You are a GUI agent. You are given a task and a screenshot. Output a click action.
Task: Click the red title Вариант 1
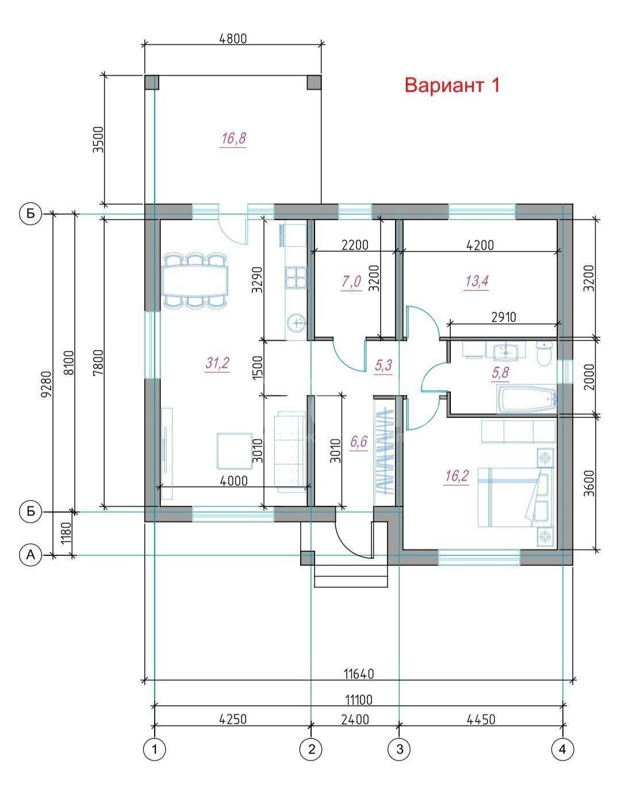click(452, 85)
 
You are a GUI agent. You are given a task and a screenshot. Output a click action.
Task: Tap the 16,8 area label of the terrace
click(233, 139)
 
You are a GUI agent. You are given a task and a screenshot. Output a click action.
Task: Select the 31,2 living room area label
click(217, 363)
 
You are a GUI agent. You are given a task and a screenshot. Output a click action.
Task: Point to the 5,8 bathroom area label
click(500, 373)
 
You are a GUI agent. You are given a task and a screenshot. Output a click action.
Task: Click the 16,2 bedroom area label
click(457, 475)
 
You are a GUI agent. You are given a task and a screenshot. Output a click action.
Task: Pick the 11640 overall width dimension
click(359, 674)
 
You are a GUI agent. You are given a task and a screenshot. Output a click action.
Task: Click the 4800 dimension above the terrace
click(232, 39)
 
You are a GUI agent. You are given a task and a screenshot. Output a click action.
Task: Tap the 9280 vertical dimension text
click(47, 384)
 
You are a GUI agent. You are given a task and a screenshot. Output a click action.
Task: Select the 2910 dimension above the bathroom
click(504, 317)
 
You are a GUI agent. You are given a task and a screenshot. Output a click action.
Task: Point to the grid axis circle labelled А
click(30, 555)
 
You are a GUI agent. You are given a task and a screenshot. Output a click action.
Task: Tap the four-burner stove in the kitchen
click(296, 278)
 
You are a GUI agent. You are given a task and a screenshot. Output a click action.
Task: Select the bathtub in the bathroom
click(527, 398)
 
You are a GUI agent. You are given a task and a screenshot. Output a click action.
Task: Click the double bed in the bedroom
click(511, 497)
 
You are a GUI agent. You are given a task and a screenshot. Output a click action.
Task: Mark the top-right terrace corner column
click(314, 82)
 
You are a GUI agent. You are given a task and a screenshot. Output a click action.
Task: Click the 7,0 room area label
click(351, 282)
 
